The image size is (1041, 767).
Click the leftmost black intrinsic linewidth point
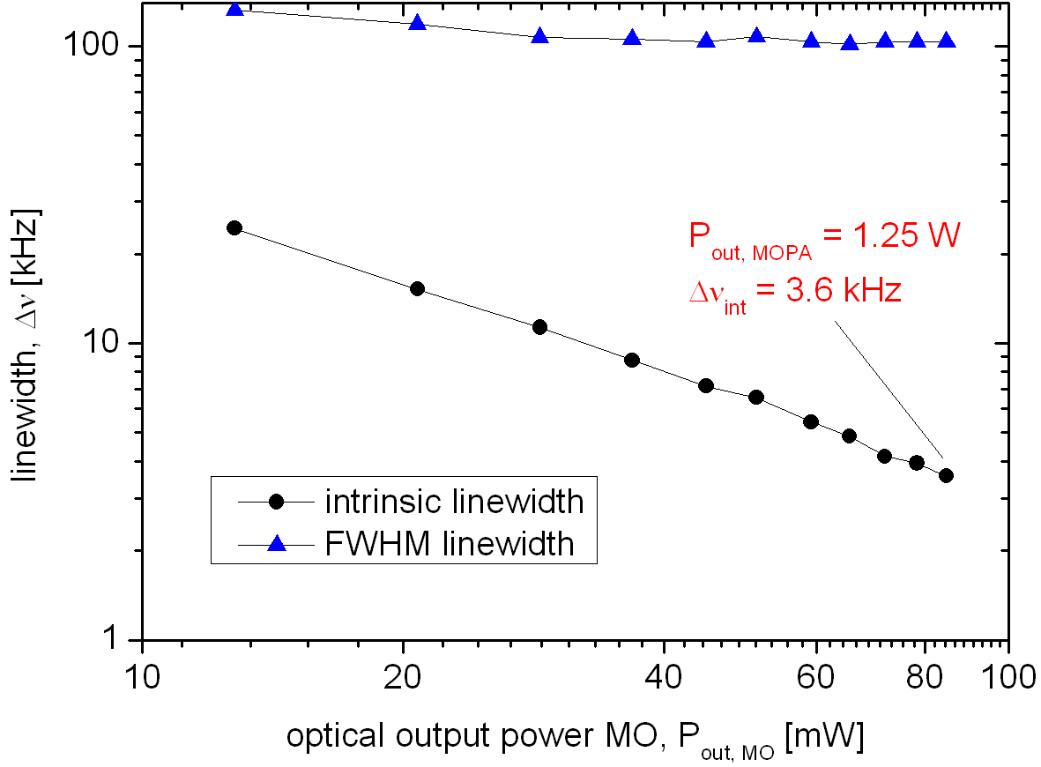(x=234, y=227)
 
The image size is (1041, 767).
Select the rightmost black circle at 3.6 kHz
(x=947, y=476)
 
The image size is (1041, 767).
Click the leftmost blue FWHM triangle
(x=234, y=10)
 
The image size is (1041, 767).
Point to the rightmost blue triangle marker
(x=947, y=41)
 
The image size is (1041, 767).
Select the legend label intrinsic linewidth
(x=454, y=502)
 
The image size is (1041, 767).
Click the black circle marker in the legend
(x=277, y=502)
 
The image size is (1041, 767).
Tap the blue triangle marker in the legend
(x=277, y=544)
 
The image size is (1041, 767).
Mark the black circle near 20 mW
(x=418, y=288)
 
